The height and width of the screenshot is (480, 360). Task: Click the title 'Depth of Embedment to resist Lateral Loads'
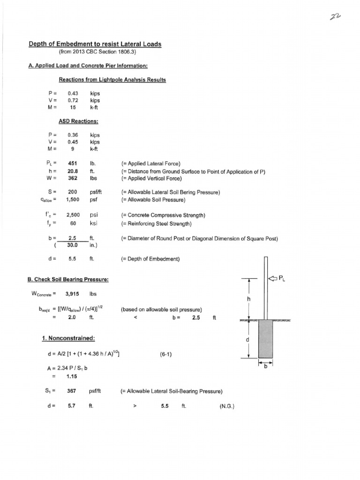pos(95,44)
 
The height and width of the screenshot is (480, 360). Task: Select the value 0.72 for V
pos(72,100)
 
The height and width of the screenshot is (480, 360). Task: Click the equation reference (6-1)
pos(165,354)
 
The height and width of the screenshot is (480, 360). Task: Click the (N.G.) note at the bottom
pos(227,406)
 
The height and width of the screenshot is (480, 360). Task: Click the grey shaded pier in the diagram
pos(265,339)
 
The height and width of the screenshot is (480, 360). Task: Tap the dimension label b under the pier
pos(265,367)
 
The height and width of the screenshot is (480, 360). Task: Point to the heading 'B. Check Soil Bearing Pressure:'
pos(68,280)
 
